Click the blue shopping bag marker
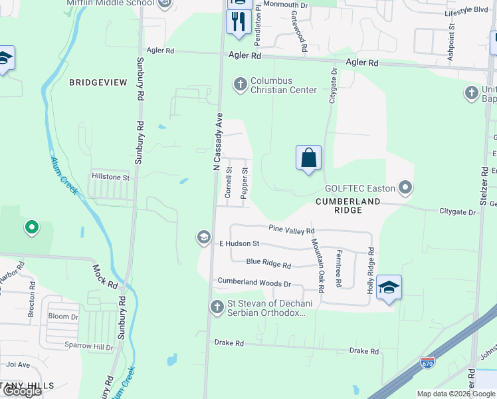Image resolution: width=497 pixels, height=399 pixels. [x=308, y=158]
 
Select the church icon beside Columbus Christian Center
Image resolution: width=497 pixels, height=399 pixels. [x=239, y=84]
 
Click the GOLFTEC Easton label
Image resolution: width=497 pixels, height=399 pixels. [x=359, y=188]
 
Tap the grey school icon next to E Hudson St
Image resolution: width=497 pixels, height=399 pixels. [x=203, y=237]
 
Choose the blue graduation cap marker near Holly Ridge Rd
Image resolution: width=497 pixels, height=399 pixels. [x=389, y=287]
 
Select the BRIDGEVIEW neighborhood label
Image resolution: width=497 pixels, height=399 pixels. [x=98, y=82]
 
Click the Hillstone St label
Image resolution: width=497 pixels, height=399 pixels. [x=110, y=178]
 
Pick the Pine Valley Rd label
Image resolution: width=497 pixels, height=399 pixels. [x=291, y=229]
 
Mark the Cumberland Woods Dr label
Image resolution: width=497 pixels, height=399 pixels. [x=254, y=283]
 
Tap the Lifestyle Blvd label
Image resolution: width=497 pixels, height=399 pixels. [x=466, y=11]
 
